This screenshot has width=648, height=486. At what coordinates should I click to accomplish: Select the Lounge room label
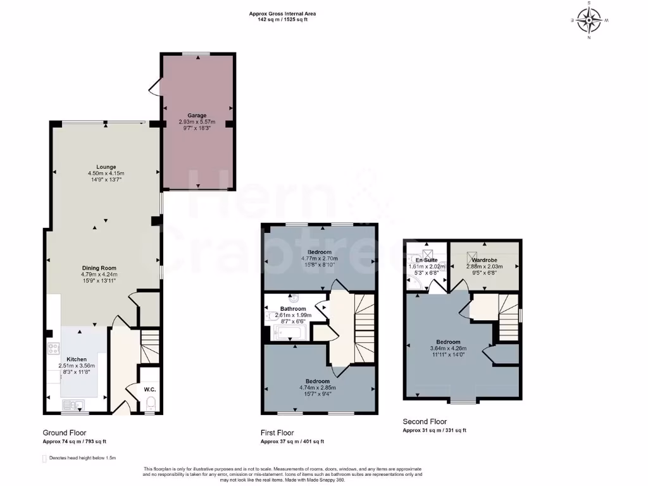[106, 167]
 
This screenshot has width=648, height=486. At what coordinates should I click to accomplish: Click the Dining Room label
[99, 268]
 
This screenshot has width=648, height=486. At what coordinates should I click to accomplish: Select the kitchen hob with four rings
[53, 349]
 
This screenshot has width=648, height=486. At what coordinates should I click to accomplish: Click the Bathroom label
[293, 309]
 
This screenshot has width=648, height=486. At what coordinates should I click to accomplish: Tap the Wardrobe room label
[484, 259]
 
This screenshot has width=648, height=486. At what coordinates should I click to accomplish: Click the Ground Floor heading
[65, 433]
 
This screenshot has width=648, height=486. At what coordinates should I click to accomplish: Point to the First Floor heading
[279, 433]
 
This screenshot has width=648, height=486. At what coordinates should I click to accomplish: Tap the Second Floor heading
[425, 421]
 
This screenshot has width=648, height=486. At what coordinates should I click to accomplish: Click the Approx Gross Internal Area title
[283, 13]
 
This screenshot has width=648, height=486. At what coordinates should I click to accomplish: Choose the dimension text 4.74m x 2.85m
[318, 388]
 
